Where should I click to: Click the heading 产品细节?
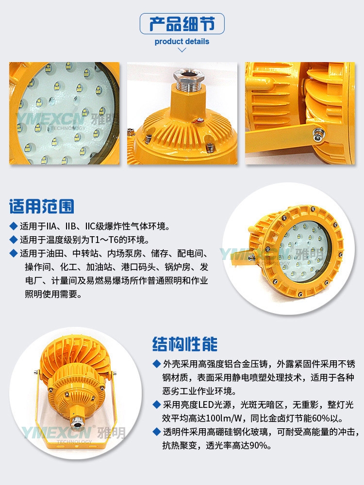[182, 23]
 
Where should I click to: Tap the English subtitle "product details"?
[182, 41]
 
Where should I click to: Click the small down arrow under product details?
[182, 50]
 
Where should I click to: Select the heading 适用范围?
[41, 206]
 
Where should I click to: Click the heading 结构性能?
[185, 344]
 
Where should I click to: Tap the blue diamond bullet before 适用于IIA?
[13, 226]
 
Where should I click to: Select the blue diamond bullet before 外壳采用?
[157, 364]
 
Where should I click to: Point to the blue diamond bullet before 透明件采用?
[157, 432]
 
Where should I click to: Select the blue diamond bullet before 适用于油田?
[13, 253]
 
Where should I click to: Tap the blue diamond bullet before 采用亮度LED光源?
[157, 404]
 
